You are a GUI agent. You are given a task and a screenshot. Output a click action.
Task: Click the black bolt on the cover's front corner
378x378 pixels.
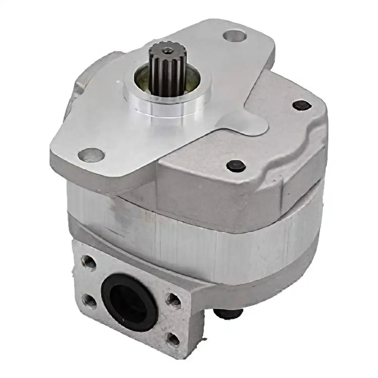pyautogui.click(x=235, y=165)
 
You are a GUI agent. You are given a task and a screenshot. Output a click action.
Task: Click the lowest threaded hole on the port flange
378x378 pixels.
pyautogui.click(x=173, y=339)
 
